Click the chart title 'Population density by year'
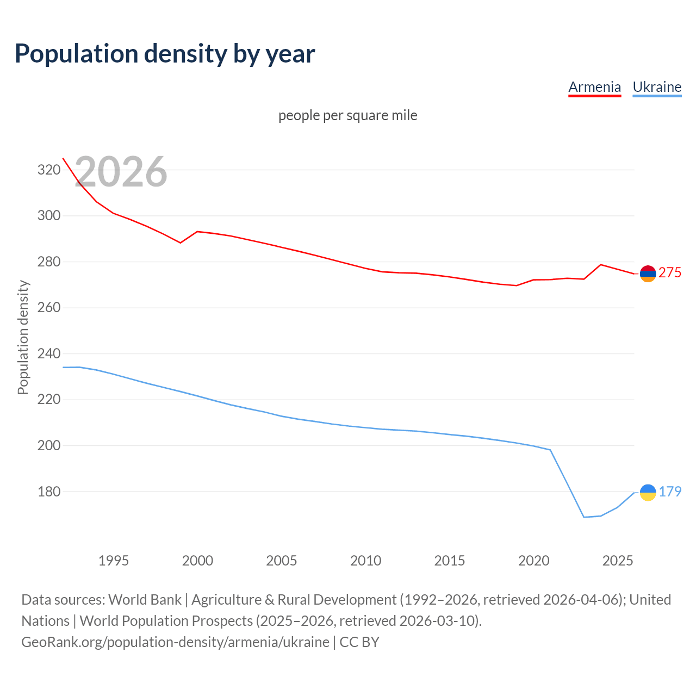click(x=165, y=53)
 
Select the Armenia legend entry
click(x=594, y=87)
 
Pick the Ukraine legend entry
click(x=657, y=87)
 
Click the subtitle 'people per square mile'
click(x=347, y=115)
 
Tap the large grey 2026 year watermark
click(x=121, y=172)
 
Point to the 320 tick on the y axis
click(x=48, y=170)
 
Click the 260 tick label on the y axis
click(x=48, y=308)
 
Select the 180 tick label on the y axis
click(x=48, y=492)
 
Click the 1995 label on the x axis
click(x=113, y=561)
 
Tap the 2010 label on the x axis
click(x=365, y=561)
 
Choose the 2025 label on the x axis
click(x=618, y=561)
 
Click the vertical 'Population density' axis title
click(x=23, y=337)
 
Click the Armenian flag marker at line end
click(x=648, y=274)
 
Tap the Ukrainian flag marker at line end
click(x=648, y=492)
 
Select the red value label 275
click(x=670, y=272)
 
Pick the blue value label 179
click(x=670, y=492)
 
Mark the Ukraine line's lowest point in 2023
click(x=583, y=517)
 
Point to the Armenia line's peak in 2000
click(x=197, y=232)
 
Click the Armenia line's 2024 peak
click(x=600, y=265)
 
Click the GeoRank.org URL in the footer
click(x=175, y=642)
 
